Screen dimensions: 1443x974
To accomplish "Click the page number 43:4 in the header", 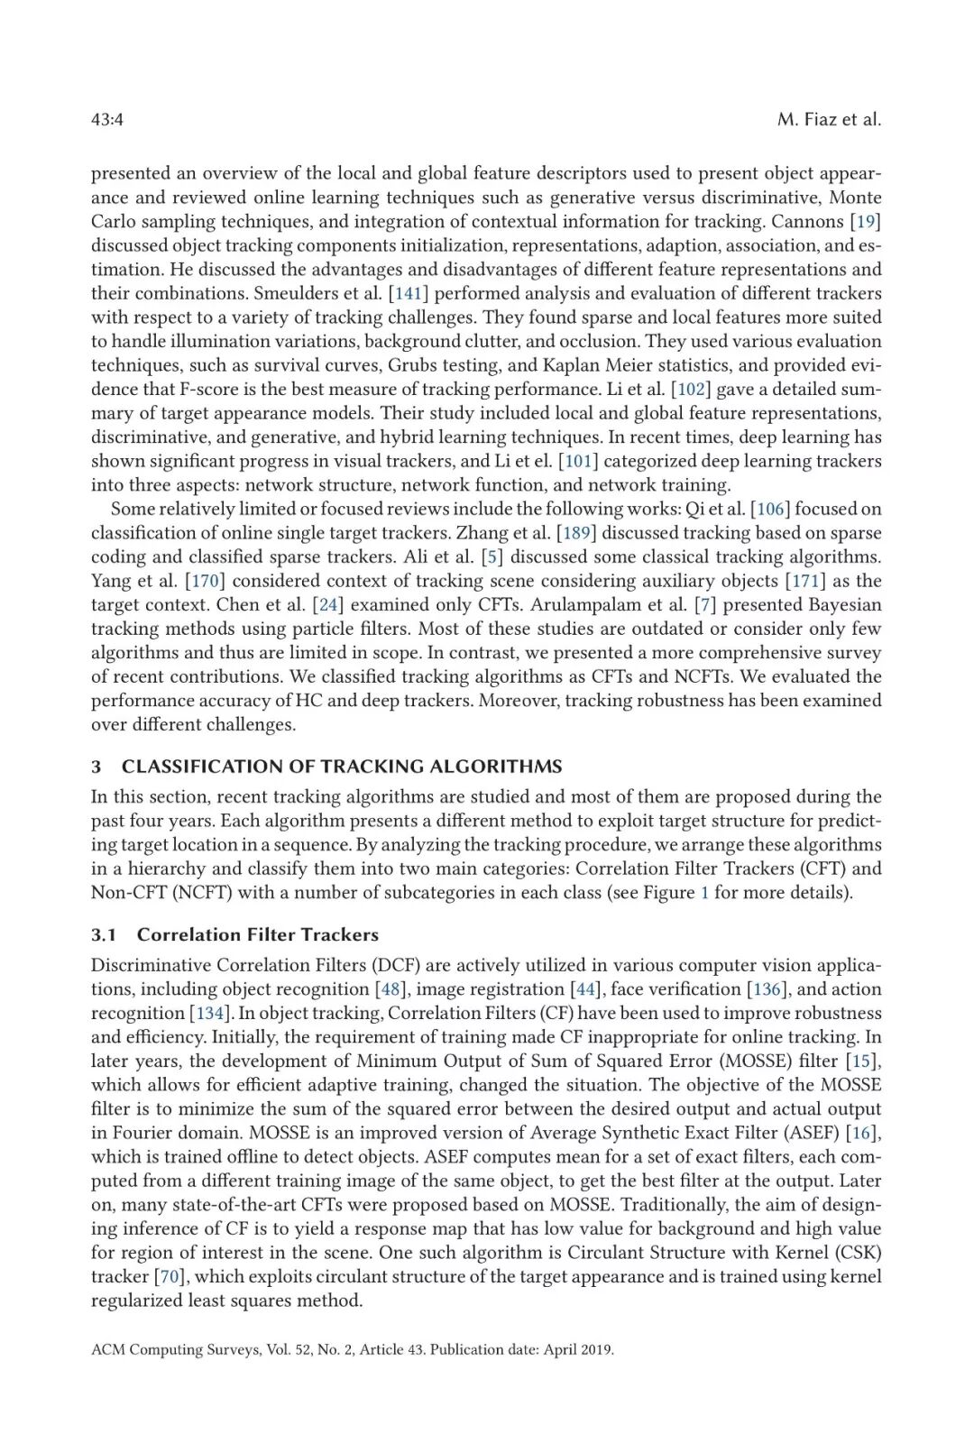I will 107,120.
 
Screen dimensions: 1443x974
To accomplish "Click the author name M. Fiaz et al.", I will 829,120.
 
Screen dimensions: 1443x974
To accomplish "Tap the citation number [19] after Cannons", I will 866,222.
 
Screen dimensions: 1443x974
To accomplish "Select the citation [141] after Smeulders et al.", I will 409,293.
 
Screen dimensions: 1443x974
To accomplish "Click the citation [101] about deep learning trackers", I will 578,461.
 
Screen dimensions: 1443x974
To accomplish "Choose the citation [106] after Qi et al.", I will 770,510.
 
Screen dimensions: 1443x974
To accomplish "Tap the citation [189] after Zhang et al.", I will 576,533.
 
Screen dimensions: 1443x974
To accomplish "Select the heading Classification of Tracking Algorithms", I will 342,767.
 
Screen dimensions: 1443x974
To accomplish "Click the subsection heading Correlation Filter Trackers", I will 258,935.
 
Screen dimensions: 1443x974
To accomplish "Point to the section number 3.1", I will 104,935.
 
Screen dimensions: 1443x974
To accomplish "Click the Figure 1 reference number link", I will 704,893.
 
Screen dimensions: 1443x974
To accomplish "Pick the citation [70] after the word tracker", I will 169,1277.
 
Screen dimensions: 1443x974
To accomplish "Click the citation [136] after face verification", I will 766,989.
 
